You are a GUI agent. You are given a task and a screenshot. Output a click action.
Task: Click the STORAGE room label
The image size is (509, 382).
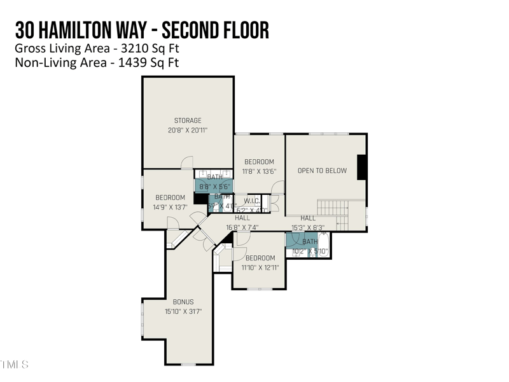188,120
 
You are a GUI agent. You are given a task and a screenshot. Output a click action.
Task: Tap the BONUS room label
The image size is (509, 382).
183,302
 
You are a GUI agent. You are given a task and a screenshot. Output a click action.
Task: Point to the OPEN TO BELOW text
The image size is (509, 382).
323,171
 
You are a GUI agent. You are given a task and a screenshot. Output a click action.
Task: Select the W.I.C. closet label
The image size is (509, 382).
252,201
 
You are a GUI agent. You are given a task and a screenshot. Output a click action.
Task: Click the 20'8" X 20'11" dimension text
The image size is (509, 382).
188,130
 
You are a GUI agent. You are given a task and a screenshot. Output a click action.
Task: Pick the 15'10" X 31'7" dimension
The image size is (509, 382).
183,312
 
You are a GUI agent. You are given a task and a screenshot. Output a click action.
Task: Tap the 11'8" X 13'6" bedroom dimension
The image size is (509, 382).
259,171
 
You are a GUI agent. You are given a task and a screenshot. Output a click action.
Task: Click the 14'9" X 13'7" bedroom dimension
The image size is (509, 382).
170,207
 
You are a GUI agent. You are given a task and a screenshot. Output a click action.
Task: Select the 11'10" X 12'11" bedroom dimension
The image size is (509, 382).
260,267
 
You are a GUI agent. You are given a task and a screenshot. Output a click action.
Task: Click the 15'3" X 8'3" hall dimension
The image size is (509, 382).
308,227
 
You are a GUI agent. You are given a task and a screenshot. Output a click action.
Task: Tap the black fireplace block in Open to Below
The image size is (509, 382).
361,167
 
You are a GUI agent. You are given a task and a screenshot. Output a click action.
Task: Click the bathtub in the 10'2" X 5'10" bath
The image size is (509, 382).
323,244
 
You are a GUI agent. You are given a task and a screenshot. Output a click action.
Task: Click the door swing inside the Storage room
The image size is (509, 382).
187,163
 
